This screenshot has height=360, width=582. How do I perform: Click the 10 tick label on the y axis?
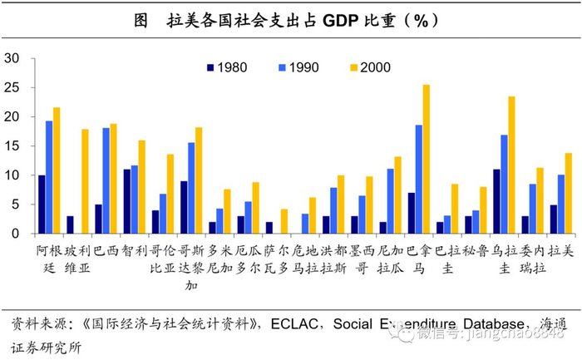(x=13, y=175)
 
